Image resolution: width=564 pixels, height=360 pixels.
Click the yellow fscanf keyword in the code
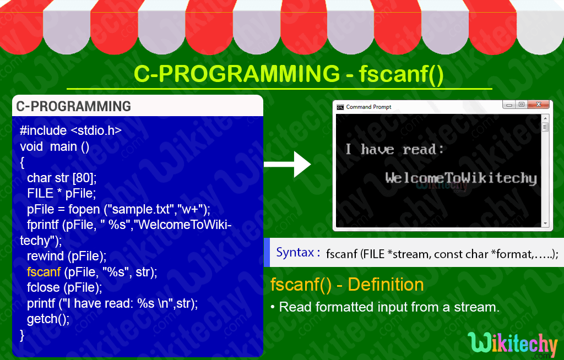tap(44, 272)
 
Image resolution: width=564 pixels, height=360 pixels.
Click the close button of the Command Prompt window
tap(539, 104)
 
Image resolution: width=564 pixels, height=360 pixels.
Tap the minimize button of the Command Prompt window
tap(509, 105)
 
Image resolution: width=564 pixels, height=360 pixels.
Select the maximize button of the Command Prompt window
tap(522, 104)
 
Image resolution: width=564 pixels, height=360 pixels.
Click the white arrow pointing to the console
tap(287, 165)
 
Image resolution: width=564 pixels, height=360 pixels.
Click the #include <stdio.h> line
tap(70, 130)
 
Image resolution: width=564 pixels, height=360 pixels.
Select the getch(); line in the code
tap(48, 319)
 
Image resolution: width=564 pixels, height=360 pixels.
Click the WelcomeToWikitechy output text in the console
tap(461, 178)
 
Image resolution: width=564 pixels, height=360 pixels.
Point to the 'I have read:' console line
tap(394, 149)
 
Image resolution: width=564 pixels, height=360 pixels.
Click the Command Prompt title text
tap(368, 107)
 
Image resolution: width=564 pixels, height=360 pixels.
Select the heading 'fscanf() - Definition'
tap(347, 285)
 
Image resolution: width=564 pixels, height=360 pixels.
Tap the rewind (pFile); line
tap(67, 256)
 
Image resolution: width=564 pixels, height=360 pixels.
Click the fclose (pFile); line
tap(64, 287)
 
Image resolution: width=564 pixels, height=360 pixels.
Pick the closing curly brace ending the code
tap(22, 335)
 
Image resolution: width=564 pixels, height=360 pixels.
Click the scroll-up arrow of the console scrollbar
tap(545, 118)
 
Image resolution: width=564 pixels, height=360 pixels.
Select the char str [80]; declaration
tap(62, 178)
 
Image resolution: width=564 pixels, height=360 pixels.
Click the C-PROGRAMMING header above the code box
tap(73, 106)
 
